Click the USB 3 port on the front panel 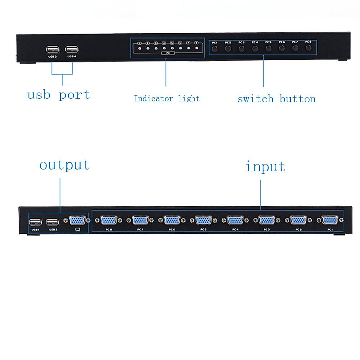(x=52, y=49)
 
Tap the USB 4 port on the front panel (x=72, y=49)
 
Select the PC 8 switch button (x=308, y=48)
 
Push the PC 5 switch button (x=268, y=49)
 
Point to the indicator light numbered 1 (x=140, y=48)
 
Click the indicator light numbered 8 (x=196, y=48)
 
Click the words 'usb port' (x=58, y=95)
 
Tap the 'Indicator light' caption (x=166, y=98)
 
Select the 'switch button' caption (x=276, y=99)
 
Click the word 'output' (x=64, y=165)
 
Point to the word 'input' (x=265, y=167)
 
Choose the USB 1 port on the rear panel (x=35, y=222)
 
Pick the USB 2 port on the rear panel (x=52, y=222)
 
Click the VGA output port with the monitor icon (x=77, y=221)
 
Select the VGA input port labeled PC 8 (x=109, y=221)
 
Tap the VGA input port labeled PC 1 (x=329, y=220)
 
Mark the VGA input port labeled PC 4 (x=235, y=220)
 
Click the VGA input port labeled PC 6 (x=172, y=220)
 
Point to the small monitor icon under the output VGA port (x=78, y=229)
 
